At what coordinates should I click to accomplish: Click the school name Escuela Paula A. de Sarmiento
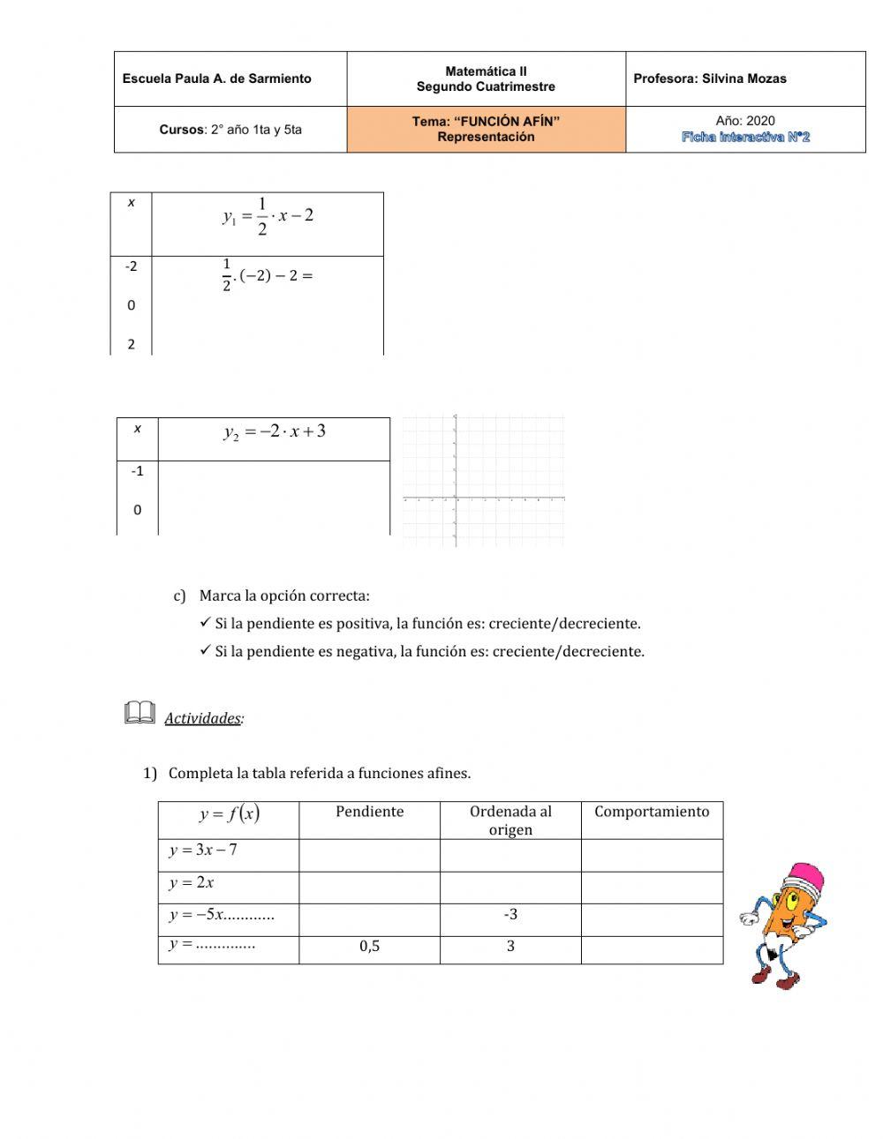[216, 79]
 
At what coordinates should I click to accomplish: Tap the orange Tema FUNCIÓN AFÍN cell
[486, 129]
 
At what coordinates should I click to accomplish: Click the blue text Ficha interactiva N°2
[745, 137]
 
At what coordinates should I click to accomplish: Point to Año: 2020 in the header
[745, 121]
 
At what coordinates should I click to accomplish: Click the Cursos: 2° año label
[230, 130]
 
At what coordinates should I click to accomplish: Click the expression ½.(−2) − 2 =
[268, 275]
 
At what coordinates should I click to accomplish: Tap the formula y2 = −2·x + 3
[274, 431]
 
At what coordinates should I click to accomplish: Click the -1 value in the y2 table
[137, 471]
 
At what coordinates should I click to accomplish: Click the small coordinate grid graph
[483, 481]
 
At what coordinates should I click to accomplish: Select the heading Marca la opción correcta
[283, 596]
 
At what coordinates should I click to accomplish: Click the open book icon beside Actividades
[140, 713]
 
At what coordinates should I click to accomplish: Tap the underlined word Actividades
[202, 718]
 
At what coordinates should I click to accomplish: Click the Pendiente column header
[369, 812]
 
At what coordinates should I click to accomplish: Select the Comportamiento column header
[652, 812]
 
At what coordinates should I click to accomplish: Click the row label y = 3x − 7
[203, 851]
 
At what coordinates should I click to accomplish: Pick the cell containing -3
[510, 914]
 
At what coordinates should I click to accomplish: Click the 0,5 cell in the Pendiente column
[369, 947]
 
